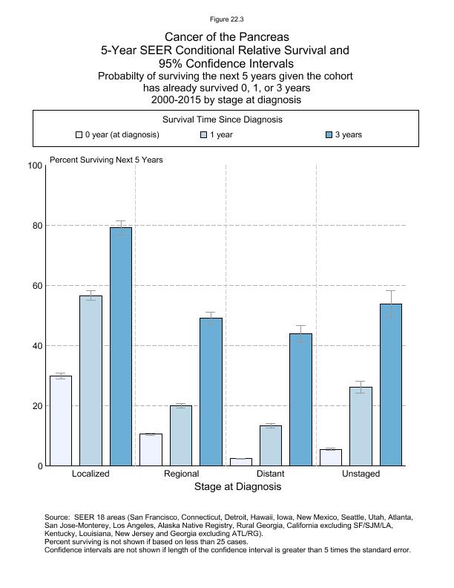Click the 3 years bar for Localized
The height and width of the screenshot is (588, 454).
(121, 347)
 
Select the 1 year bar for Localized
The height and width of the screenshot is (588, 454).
(91, 381)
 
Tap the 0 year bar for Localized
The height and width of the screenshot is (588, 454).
(61, 421)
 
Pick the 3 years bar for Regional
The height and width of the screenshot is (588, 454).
(211, 392)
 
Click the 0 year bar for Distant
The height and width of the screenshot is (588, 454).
(241, 462)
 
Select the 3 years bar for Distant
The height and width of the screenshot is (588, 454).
(300, 399)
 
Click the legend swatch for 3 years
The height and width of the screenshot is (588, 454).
(329, 135)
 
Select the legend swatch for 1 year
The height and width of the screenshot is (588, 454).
(204, 135)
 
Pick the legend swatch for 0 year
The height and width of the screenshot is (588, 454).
(79, 135)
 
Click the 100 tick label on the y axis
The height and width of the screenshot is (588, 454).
(33, 166)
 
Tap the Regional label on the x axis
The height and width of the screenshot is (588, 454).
(181, 474)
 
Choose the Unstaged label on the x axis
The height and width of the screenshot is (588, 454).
(361, 474)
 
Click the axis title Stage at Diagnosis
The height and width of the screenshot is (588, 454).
(237, 487)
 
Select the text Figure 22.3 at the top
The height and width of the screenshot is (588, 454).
(226, 19)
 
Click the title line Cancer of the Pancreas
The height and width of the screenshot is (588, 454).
(226, 36)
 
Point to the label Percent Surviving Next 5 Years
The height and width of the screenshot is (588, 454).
(106, 160)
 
